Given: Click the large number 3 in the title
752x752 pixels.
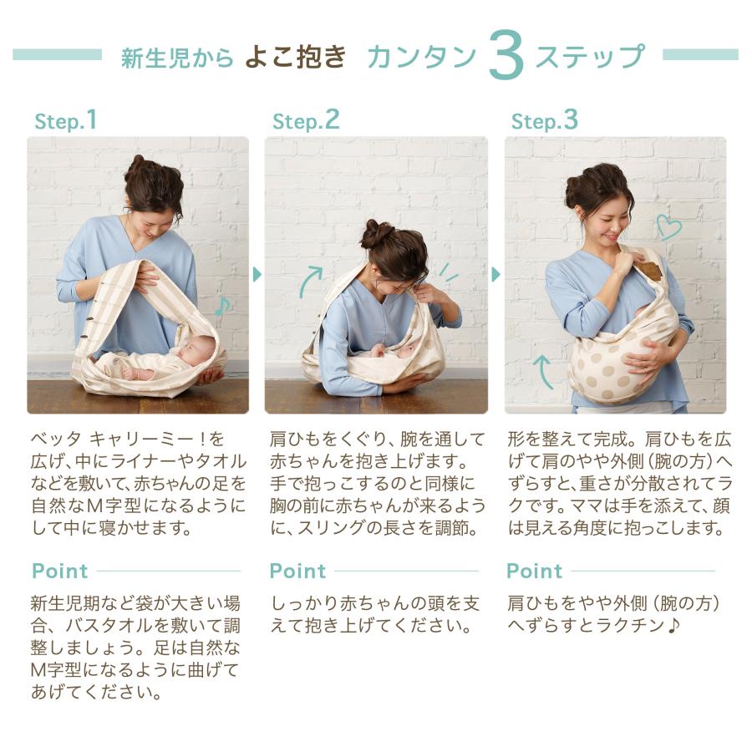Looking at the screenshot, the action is point(506,54).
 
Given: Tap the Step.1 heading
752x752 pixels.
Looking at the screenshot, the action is point(66,120).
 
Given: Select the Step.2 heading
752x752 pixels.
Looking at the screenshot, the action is point(306,120).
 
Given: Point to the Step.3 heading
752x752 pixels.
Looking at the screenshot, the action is point(544,120).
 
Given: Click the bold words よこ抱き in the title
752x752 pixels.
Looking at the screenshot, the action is point(295,57).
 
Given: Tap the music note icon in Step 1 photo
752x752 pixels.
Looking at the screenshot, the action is point(222,306).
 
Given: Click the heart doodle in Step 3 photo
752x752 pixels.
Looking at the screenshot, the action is point(668,226).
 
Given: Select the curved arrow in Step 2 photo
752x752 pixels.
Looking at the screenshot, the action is point(311,281).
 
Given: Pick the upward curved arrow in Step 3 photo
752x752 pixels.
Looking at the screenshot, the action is point(543,372).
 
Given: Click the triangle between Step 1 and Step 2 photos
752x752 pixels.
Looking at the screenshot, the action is point(257,274).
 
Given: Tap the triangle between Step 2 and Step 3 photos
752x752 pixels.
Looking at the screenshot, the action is point(495,274).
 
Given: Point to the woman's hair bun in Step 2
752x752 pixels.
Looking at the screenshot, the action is point(378,234).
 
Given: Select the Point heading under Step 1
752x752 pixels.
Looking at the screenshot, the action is point(60,572).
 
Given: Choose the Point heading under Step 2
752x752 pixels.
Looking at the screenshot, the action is point(297,572).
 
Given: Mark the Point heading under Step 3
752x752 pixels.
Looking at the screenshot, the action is point(534,572).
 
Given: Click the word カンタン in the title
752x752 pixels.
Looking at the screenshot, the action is point(422,57).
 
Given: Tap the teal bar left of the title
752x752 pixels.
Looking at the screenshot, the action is point(57,54).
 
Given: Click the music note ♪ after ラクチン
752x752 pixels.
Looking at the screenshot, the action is point(673,625).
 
